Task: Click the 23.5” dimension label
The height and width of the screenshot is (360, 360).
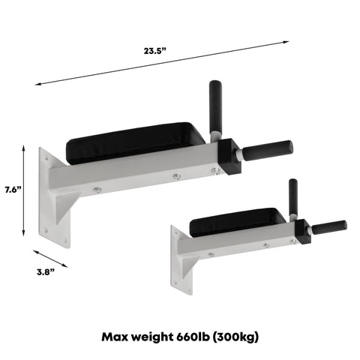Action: pos(154,51)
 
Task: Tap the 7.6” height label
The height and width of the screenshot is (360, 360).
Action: pos(13,190)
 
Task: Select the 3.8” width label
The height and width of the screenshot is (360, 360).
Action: pos(46,272)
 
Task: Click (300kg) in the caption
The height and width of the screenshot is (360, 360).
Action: pos(235,337)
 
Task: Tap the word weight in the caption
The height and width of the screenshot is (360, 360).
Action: pos(152,337)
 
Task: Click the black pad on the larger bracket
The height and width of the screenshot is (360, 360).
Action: pos(135,143)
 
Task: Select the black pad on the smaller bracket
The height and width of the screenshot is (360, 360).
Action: pos(236,222)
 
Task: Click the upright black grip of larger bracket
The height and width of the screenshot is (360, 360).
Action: pos(215,106)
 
